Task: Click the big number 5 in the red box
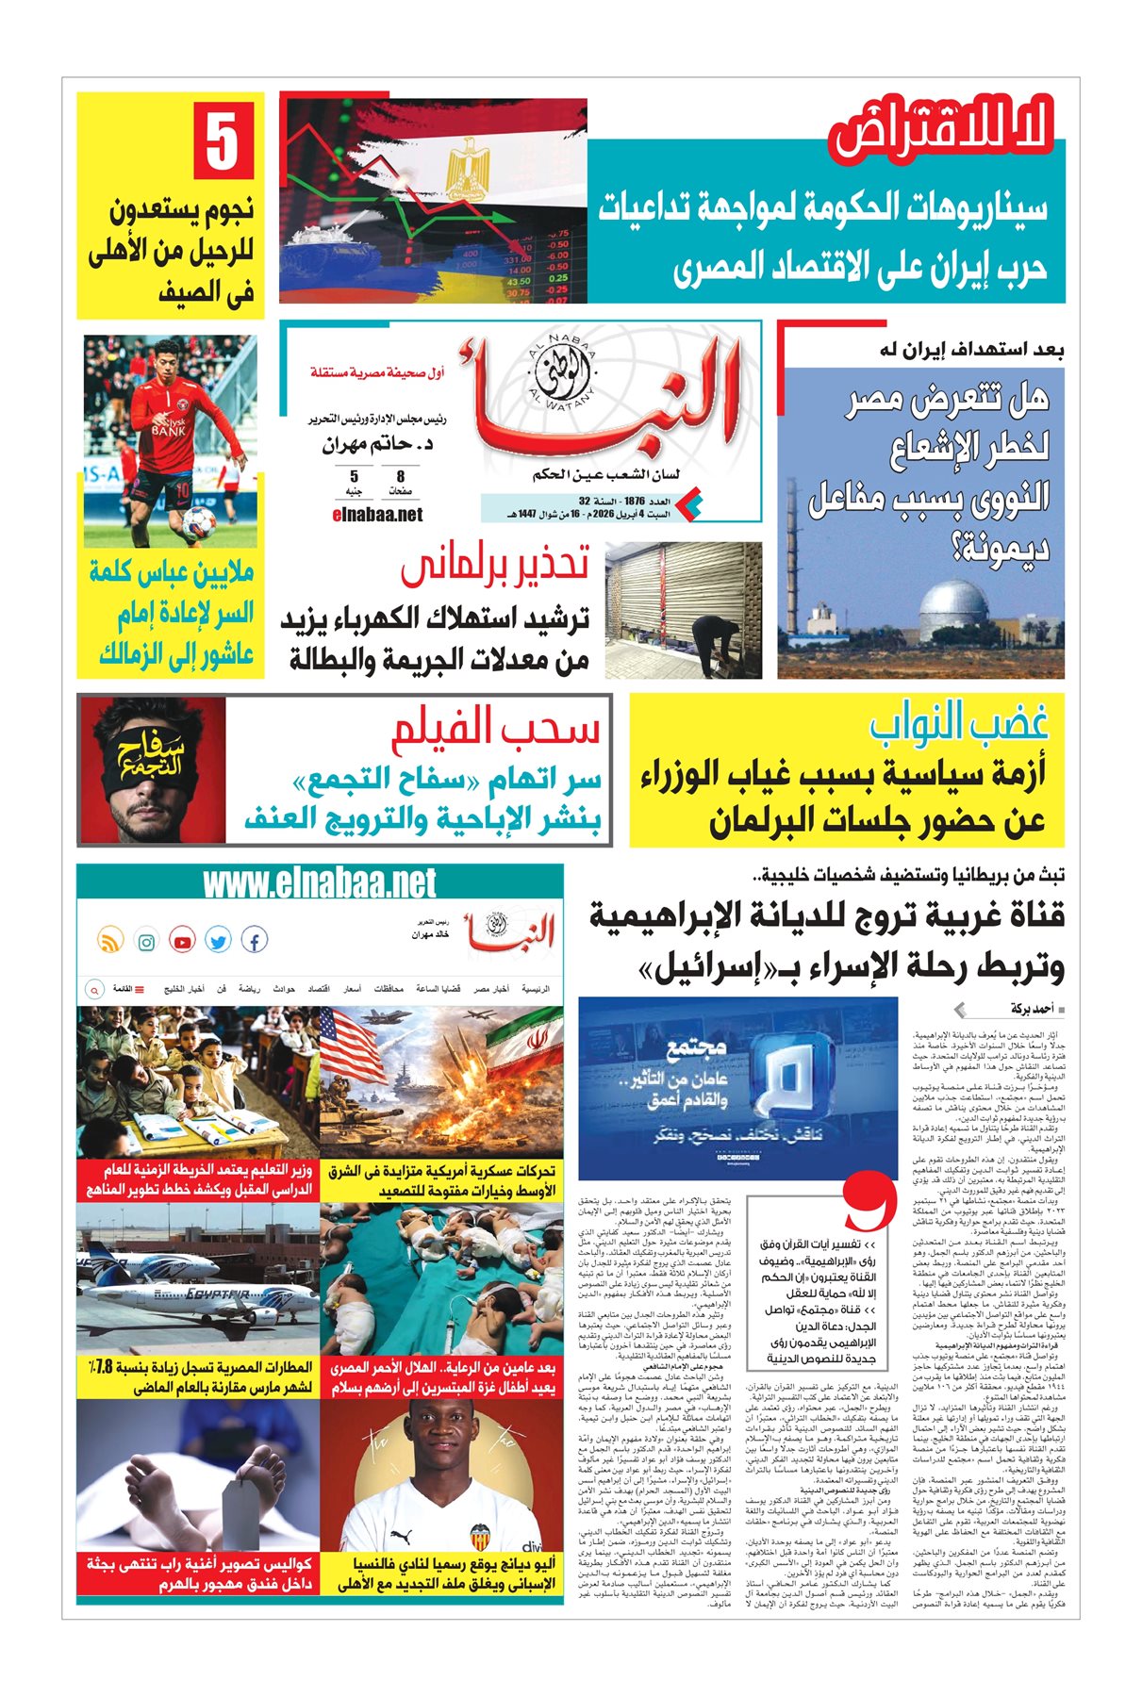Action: pos(223,142)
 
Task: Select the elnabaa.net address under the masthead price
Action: pos(377,515)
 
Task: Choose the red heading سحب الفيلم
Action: pos(496,728)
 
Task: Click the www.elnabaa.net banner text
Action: pos(320,883)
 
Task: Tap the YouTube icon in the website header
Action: pos(182,941)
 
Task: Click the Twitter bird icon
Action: pos(218,941)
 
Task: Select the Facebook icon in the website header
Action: pos(255,940)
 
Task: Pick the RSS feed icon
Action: pos(110,941)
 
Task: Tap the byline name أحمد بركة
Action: pos(1031,1009)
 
